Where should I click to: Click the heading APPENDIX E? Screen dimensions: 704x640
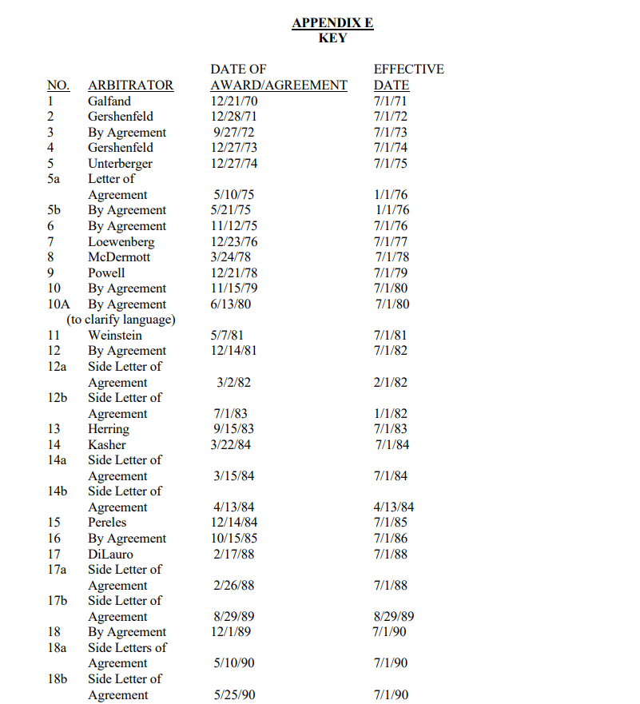click(332, 23)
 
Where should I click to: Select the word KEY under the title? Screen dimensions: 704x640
click(332, 38)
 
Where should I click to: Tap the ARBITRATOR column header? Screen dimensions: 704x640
click(130, 86)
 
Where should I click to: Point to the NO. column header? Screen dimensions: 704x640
click(58, 86)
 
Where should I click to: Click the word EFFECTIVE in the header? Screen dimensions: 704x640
click(408, 70)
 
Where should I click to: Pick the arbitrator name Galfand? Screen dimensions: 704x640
click(109, 101)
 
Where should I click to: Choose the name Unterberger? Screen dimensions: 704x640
click(120, 164)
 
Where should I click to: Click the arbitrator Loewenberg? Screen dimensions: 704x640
click(121, 242)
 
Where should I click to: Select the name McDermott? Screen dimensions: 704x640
click(119, 257)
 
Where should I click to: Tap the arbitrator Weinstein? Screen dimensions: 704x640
click(115, 336)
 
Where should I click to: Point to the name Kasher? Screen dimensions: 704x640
click(107, 444)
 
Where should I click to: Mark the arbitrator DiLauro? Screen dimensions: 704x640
click(110, 554)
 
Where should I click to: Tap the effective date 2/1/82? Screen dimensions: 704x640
click(391, 383)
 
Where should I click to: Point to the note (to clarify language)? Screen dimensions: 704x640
click(121, 320)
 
